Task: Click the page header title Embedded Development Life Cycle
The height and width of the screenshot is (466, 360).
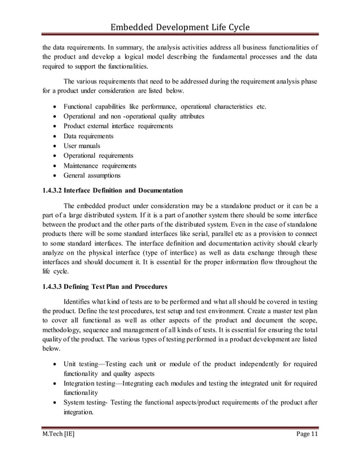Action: pyautogui.click(x=179, y=28)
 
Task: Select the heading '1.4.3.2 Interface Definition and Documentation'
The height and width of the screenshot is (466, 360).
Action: pyautogui.click(x=113, y=190)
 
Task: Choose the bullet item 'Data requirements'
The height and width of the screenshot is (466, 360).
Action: pyautogui.click(x=89, y=136)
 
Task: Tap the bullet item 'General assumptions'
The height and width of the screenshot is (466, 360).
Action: pyautogui.click(x=92, y=175)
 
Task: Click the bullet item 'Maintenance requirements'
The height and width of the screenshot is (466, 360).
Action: pyautogui.click(x=100, y=166)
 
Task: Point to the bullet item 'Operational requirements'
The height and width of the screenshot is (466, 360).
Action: pyautogui.click(x=98, y=156)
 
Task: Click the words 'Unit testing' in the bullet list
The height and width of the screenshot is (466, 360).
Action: pyautogui.click(x=80, y=363)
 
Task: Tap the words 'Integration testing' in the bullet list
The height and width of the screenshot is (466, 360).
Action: pyautogui.click(x=90, y=383)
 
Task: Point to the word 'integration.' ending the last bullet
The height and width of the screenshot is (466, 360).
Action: pyautogui.click(x=78, y=412)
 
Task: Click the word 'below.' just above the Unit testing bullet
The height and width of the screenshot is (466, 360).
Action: pyautogui.click(x=52, y=349)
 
